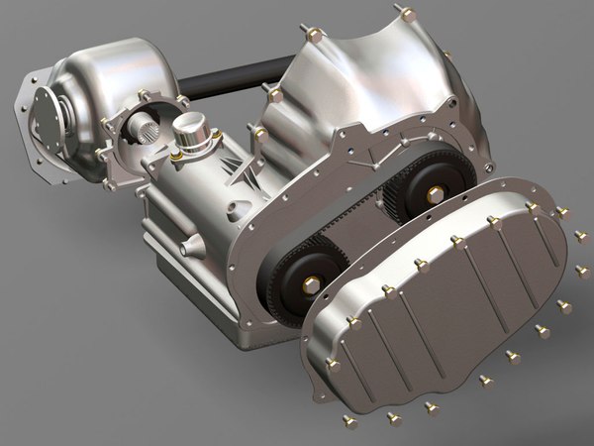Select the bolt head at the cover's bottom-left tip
coord(334,365)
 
